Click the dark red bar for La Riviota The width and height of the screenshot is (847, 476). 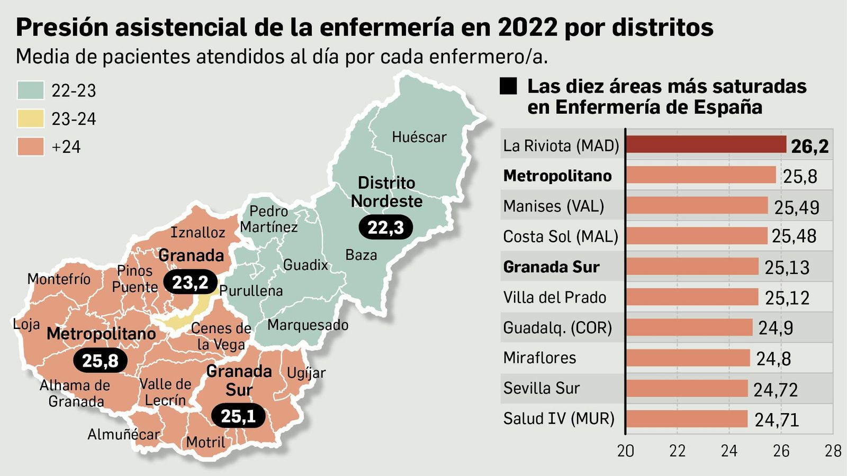point(706,144)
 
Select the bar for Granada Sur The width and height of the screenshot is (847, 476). point(692,267)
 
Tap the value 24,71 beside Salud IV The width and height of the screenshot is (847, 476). point(777,420)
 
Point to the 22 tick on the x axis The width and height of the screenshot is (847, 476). point(677,451)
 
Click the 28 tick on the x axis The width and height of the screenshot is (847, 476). point(833,451)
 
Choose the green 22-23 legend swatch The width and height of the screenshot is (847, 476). point(30,90)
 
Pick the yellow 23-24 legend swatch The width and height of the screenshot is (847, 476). point(30,118)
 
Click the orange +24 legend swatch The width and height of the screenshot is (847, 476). point(30,147)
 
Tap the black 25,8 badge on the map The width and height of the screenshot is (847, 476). point(100,361)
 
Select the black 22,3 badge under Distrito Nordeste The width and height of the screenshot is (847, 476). point(385,227)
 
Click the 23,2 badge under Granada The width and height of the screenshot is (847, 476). point(190,282)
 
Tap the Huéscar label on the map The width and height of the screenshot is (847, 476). point(419,138)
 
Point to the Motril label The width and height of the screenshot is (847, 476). point(205,442)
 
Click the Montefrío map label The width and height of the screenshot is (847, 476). point(59,279)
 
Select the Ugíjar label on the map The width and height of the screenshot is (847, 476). point(306,373)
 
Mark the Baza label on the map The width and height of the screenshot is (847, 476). point(361,255)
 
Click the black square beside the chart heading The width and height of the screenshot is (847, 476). point(508,86)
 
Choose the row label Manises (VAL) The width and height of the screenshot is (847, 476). point(553,206)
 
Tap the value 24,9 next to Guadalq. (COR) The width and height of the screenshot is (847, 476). point(776,328)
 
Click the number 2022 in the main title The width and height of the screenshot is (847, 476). point(527,27)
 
